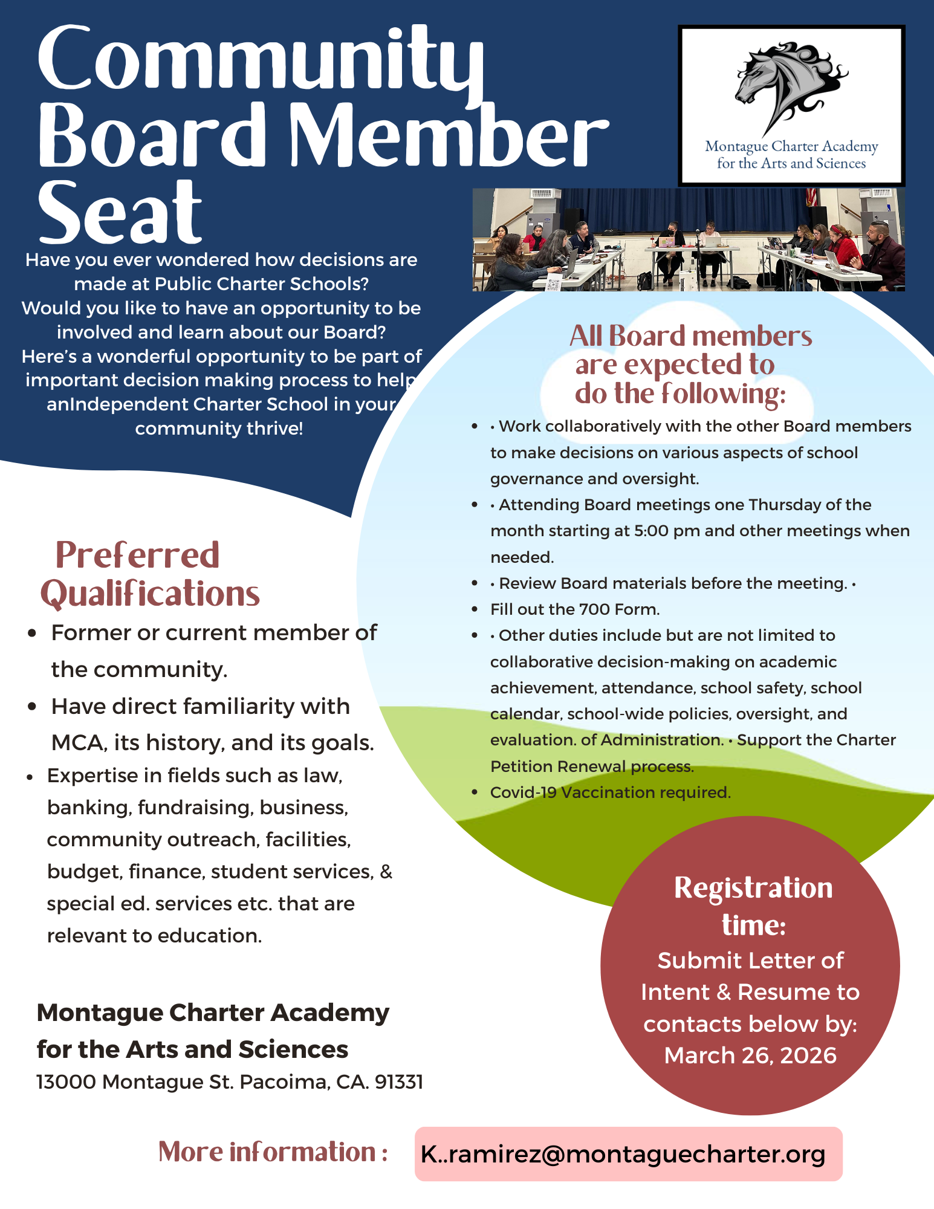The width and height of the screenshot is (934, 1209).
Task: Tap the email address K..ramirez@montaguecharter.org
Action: [x=623, y=1154]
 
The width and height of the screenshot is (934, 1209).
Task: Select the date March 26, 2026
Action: [x=750, y=1055]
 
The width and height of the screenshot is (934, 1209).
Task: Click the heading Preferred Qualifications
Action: [x=149, y=574]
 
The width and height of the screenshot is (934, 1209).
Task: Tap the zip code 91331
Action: [x=399, y=1081]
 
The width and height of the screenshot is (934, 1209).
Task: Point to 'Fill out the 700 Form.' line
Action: [x=574, y=609]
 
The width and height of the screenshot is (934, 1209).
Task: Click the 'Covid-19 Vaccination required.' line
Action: [x=610, y=792]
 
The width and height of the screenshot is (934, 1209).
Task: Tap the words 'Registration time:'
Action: [x=753, y=906]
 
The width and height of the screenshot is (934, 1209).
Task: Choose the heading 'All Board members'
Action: [x=690, y=336]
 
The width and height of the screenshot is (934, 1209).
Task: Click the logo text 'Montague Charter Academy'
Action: [x=791, y=146]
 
